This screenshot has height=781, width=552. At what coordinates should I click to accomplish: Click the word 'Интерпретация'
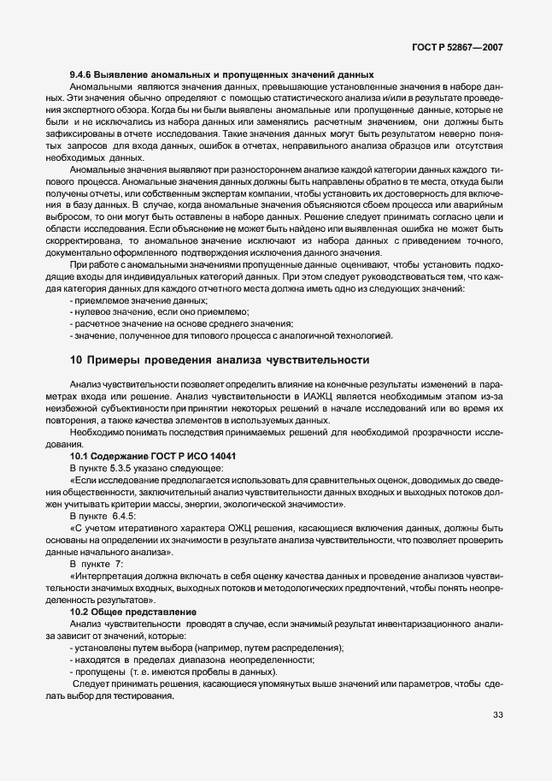click(108, 579)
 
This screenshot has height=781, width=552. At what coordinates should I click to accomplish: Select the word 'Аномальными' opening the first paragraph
click(99, 87)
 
